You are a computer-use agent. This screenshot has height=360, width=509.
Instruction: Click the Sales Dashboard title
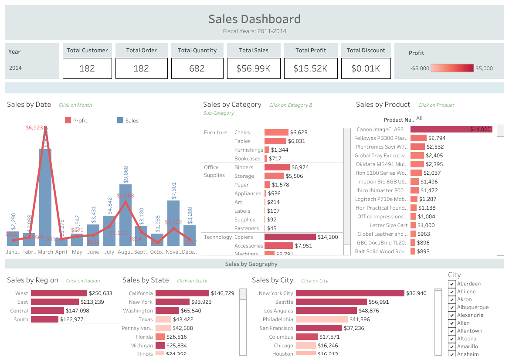coord(254,19)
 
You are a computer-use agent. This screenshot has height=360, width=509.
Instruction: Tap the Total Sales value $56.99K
coord(254,68)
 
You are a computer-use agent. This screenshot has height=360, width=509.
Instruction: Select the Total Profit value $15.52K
coord(310,68)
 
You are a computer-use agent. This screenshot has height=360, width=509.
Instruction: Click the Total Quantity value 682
coord(197,68)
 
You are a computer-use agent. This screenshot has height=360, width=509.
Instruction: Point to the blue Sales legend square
coord(121,121)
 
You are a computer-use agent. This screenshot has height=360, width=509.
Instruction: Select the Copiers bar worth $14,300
coord(290,237)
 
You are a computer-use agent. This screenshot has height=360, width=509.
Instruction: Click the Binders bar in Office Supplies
coord(277,167)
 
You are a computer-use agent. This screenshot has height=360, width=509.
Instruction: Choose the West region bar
coord(59,293)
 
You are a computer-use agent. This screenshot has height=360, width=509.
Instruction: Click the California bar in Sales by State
coord(182,293)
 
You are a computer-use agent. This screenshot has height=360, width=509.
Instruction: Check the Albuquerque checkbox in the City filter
coord(452,308)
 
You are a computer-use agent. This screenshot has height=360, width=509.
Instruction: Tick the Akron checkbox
coord(452,300)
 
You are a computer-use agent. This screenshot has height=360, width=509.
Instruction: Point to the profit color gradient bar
coord(452,68)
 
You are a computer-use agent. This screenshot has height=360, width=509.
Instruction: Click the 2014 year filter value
coord(15,68)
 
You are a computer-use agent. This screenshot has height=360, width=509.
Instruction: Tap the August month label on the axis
coord(126,252)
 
